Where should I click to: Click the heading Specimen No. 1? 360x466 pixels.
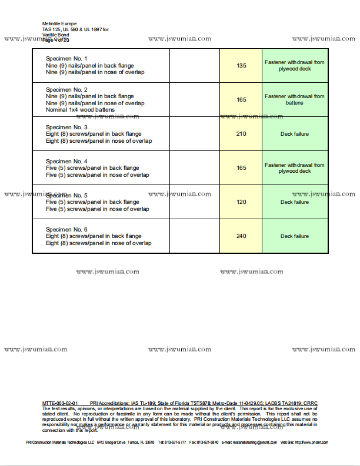click(x=66, y=59)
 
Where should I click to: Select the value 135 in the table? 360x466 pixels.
click(x=241, y=66)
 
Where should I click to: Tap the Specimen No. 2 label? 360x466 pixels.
click(x=66, y=89)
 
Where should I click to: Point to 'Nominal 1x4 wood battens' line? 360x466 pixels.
click(x=80, y=110)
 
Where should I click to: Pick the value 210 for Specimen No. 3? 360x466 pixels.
click(x=241, y=134)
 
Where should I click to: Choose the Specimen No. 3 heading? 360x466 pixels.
click(x=66, y=127)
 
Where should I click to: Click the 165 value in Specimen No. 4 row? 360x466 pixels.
click(x=241, y=168)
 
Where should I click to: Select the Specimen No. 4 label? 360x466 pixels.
click(x=66, y=161)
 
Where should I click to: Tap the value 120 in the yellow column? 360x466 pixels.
click(x=241, y=202)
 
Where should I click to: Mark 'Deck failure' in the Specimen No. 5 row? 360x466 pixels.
click(x=294, y=202)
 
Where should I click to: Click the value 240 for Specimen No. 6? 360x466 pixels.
click(x=241, y=236)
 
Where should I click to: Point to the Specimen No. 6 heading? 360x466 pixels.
click(x=66, y=229)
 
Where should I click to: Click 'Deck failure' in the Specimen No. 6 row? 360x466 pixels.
click(x=294, y=236)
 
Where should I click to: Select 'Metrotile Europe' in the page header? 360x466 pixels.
click(x=59, y=24)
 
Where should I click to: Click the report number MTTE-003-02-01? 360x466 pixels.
click(x=61, y=403)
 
